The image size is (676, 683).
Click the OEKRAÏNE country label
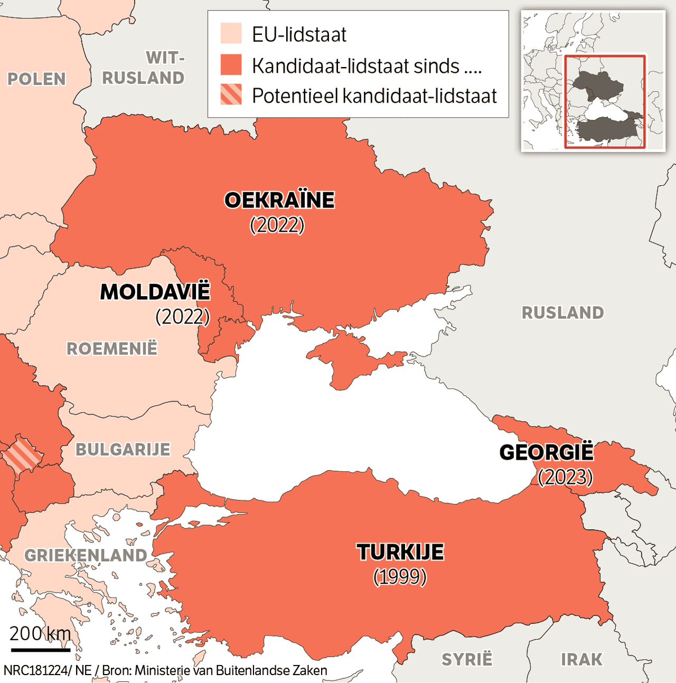[x=279, y=201]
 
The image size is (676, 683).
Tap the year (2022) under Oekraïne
[x=277, y=225]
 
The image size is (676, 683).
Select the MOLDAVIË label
[x=155, y=292]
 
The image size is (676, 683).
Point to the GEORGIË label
[x=547, y=453]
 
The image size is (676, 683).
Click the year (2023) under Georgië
[x=566, y=477]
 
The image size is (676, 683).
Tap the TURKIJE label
[x=400, y=552]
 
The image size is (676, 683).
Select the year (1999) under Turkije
[x=400, y=576]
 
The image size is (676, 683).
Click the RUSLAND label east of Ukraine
[x=562, y=312]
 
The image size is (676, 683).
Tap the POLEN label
[x=36, y=79]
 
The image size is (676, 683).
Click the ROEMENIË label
[x=112, y=349]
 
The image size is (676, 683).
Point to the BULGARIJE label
[x=123, y=450]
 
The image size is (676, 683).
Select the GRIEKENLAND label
[x=86, y=555]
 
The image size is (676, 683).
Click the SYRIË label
[x=467, y=659]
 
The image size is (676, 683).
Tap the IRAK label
[x=581, y=659]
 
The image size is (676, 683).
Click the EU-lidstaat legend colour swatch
[x=231, y=33]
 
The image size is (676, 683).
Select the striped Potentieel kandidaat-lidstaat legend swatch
[x=231, y=94]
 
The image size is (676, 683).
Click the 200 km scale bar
[x=40, y=649]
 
